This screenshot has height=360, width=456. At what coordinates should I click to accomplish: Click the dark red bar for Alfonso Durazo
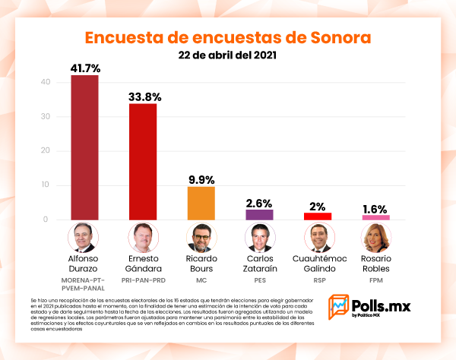point(84,147)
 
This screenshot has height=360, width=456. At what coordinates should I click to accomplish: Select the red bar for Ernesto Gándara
point(143,161)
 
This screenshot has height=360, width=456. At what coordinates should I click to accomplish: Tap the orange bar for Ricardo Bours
point(201,203)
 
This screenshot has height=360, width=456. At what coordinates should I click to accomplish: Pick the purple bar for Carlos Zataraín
point(259,215)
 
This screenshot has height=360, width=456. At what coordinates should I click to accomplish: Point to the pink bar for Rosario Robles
point(376,217)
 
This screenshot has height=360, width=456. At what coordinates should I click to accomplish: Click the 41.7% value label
point(85,68)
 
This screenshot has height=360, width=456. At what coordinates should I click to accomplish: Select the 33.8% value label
point(143,96)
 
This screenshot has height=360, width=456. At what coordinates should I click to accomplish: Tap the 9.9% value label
point(201,178)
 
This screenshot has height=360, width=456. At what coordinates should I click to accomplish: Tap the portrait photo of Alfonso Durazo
point(84,238)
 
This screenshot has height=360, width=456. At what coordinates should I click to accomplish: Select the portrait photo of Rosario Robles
point(376,238)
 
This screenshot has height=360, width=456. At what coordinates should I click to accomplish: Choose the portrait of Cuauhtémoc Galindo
point(318,238)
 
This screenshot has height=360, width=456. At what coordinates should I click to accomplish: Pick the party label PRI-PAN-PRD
point(143,279)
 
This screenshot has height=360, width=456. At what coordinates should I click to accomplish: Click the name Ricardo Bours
point(201,264)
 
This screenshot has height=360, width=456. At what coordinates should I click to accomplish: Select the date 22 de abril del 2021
point(227,56)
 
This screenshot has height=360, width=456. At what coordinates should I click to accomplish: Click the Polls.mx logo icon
point(338,307)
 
